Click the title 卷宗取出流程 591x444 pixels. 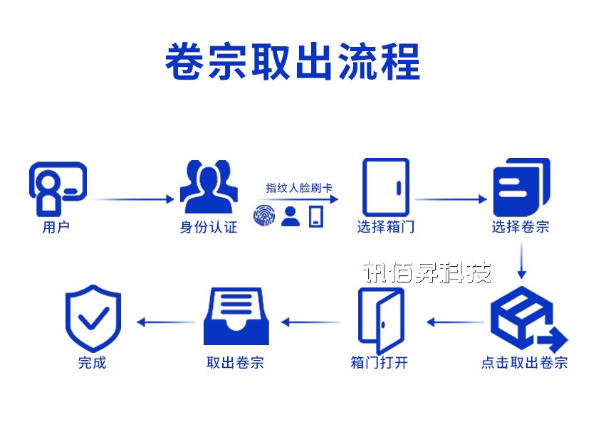[293, 63]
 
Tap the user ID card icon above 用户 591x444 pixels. [57, 187]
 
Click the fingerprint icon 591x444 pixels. [265, 216]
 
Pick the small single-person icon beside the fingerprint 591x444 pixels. [290, 216]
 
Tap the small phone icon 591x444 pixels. [315, 216]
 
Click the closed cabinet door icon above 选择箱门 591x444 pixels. [385, 188]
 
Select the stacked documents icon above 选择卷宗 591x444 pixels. [521, 186]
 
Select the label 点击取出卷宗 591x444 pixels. [524, 362]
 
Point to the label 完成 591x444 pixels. [93, 362]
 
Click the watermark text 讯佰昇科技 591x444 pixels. [427, 273]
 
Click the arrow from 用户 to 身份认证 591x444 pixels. [133, 199]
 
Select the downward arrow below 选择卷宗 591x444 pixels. [522, 261]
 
